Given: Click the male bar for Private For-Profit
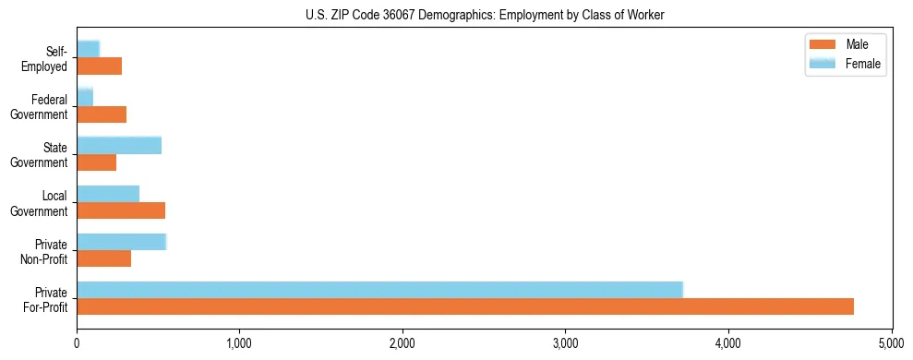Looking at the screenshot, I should tap(465, 306).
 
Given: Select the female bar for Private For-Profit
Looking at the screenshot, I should tap(379, 290).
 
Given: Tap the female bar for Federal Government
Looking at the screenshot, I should tap(85, 98).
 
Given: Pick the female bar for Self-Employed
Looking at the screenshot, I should tap(89, 50).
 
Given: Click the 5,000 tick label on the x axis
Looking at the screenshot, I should tap(891, 343).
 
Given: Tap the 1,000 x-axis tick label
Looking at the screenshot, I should tap(239, 343).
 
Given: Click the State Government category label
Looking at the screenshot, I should tap(39, 155).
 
